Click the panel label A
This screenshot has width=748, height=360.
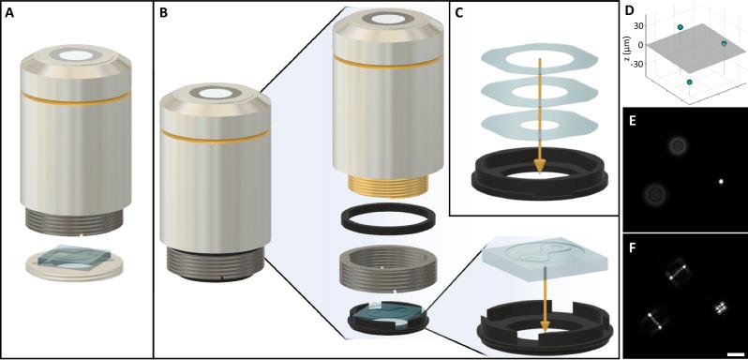9,13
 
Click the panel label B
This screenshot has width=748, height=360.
164,13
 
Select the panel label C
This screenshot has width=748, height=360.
459,13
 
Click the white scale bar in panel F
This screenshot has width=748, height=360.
733,353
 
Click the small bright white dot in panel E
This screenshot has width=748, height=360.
721,181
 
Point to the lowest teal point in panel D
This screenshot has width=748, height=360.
689,82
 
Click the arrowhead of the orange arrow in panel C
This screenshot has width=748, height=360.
540,166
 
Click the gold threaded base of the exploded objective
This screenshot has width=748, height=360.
381,187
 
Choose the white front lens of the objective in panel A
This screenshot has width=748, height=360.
75,55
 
